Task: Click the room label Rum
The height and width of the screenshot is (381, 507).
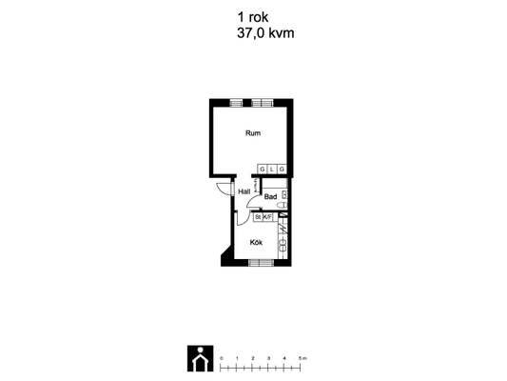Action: coord(253,133)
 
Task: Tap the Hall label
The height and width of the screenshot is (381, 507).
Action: coord(244,191)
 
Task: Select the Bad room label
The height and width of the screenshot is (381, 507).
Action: coord(270,196)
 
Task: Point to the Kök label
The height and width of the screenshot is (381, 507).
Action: coord(256,242)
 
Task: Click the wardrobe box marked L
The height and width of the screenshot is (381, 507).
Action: coord(272,169)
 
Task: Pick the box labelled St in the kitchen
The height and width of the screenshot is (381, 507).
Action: coord(258,217)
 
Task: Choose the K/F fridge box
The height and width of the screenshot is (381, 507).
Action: coord(267,217)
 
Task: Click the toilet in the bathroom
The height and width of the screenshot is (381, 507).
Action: coord(283,205)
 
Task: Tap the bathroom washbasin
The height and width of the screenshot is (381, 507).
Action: coord(284,194)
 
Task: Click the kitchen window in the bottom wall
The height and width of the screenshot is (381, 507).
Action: coord(262,263)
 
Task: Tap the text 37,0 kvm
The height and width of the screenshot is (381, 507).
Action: coord(265,33)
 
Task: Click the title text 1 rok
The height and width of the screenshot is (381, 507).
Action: coord(253,17)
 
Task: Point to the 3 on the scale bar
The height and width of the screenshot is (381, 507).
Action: coord(268,358)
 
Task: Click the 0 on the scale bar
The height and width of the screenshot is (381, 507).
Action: coord(222,358)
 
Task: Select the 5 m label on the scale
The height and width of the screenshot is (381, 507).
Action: coord(302,358)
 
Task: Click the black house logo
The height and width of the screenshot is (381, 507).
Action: coord(200,358)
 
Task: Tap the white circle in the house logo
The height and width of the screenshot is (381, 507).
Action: coord(201,350)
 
